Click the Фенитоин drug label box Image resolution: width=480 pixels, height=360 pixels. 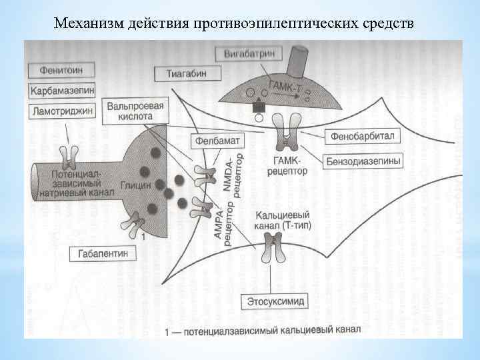[x=61, y=69]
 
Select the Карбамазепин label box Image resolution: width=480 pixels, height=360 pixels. [x=62, y=90]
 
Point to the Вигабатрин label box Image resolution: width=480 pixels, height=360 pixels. [x=245, y=53]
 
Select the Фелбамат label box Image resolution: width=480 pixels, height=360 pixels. [x=218, y=141]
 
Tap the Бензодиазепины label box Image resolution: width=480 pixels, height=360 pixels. [x=364, y=161]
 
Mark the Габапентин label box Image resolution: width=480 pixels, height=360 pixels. [x=103, y=254]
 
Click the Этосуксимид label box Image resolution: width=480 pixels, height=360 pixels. [x=275, y=301]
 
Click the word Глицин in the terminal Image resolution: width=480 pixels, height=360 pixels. [x=136, y=186]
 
